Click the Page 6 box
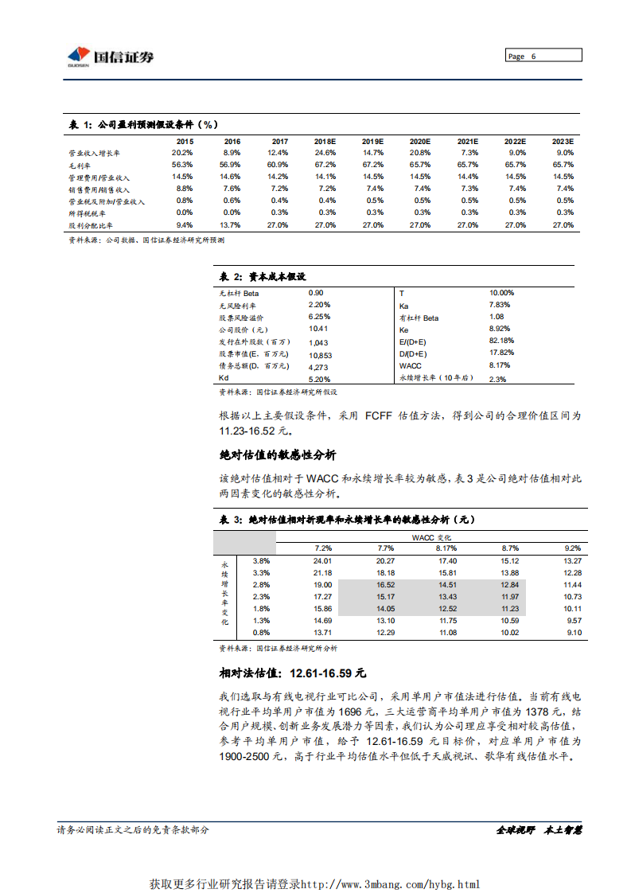pyautogui.click(x=543, y=56)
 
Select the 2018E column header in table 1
pyautogui.click(x=325, y=141)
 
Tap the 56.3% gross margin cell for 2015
pyautogui.click(x=183, y=164)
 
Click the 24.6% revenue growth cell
pyautogui.click(x=325, y=152)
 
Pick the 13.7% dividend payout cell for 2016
pyautogui.click(x=232, y=225)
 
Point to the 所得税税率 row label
pyautogui.click(x=87, y=213)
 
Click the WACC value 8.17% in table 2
pyautogui.click(x=500, y=365)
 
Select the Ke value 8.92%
pyautogui.click(x=500, y=329)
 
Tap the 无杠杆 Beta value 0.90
pyautogui.click(x=316, y=293)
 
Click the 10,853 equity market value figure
pyautogui.click(x=320, y=355)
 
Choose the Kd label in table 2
pyautogui.click(x=224, y=379)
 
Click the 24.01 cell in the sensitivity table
pyautogui.click(x=322, y=560)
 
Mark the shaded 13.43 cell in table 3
pyautogui.click(x=448, y=597)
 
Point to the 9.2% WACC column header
pyautogui.click(x=572, y=548)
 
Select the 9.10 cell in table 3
pyautogui.click(x=572, y=633)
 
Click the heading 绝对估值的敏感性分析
pyautogui.click(x=277, y=454)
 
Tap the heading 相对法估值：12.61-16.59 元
pyautogui.click(x=292, y=673)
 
